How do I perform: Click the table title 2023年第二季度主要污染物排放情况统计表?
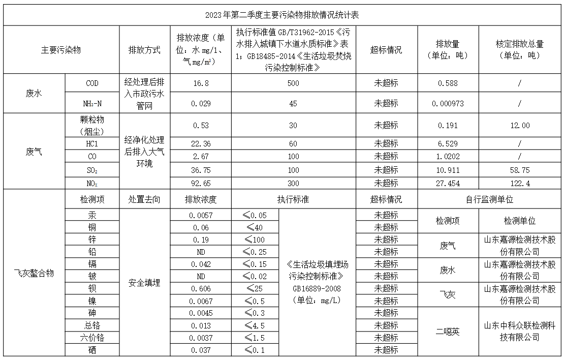(x=282, y=15)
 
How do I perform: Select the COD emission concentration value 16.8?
(x=200, y=83)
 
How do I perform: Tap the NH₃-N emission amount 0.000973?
(x=448, y=103)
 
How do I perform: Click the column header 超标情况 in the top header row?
(x=386, y=50)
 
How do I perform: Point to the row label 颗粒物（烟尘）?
(x=92, y=125)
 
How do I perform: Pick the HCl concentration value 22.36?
(x=200, y=144)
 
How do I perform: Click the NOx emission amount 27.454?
(x=448, y=184)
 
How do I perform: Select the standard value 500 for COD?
(x=293, y=83)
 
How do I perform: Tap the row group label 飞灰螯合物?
(x=34, y=274)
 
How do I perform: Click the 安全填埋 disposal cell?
(x=144, y=282)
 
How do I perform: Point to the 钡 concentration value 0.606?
(x=200, y=288)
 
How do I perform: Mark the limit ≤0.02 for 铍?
(x=255, y=276)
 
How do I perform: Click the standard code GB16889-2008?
(x=318, y=288)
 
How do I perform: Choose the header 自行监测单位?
(x=490, y=199)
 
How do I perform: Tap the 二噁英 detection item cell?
(x=448, y=332)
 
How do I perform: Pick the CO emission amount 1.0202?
(x=448, y=156)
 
